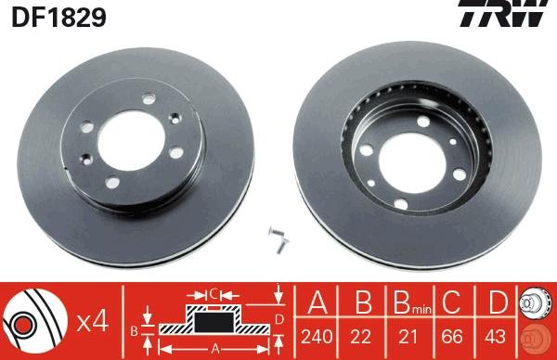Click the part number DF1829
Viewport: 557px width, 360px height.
point(59,17)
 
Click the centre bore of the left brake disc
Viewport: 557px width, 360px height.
point(132,141)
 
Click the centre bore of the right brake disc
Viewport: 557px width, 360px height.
point(412,163)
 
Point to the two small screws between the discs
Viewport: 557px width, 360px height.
point(278,239)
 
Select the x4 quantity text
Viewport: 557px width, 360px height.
point(92,322)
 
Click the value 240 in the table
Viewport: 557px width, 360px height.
point(317,336)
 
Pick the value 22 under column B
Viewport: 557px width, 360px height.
point(360,336)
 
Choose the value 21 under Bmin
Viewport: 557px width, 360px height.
point(408,336)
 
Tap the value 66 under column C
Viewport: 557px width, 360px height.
point(452,336)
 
